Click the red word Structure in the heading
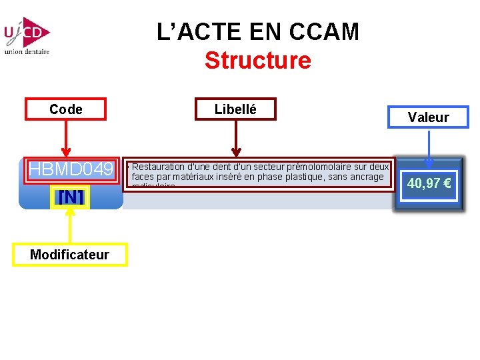coord(257,61)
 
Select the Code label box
coord(66,109)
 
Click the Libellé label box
coord(235,109)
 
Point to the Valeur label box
coord(428,117)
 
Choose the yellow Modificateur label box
coord(69,255)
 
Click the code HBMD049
coord(71,170)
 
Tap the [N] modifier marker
coord(71,197)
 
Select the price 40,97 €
coord(429,183)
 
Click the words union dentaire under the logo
coord(27,52)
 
